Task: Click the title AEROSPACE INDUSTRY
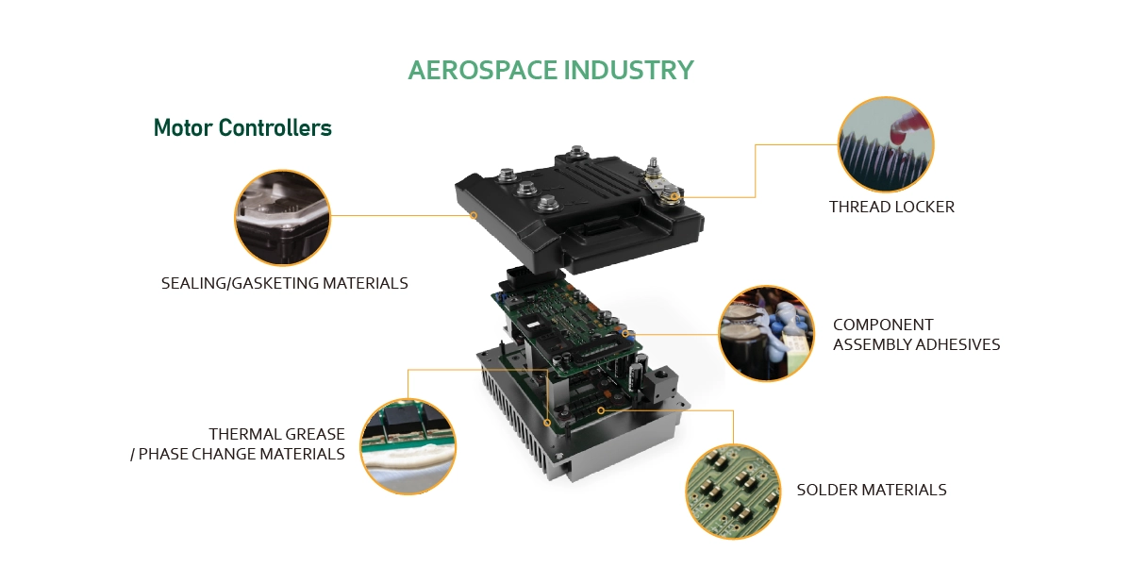(551, 70)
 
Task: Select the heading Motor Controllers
(242, 128)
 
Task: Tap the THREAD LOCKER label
(891, 207)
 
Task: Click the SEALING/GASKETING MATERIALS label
(285, 283)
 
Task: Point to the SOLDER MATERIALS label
(872, 490)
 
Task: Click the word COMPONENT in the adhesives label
(883, 325)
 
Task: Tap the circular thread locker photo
(886, 144)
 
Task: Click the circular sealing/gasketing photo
(282, 218)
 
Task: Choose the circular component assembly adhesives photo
(767, 334)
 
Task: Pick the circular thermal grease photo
(408, 446)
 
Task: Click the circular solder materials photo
(733, 492)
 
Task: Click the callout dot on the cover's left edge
(474, 215)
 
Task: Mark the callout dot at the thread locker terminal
(674, 196)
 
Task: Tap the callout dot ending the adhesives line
(625, 334)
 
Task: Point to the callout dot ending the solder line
(600, 410)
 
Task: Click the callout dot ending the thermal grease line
(547, 423)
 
